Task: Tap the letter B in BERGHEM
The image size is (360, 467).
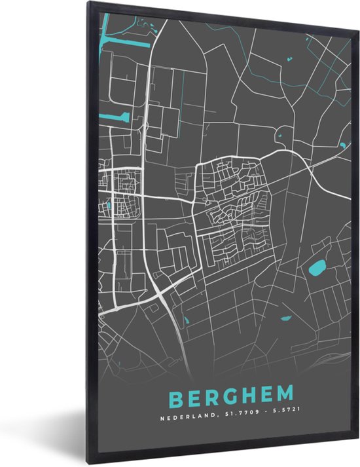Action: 175,398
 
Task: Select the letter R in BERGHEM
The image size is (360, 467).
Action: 211,398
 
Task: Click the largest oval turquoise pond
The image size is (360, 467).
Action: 317,267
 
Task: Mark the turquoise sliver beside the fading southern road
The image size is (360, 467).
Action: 185,320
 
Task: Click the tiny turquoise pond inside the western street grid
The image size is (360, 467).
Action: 108,206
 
